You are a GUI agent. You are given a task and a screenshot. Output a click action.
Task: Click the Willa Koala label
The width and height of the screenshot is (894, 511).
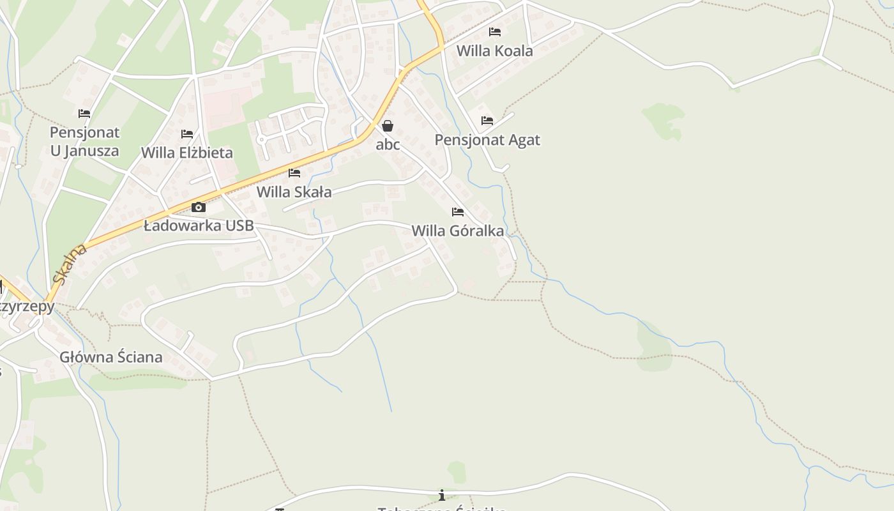494,51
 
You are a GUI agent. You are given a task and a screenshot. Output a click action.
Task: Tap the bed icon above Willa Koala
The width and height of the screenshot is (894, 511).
495,31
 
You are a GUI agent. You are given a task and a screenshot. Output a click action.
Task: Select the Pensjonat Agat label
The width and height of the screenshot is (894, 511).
487,140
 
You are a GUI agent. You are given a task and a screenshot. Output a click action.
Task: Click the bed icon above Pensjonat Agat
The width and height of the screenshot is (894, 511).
487,120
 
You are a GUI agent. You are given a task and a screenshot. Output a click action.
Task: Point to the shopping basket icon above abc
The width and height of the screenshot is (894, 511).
388,126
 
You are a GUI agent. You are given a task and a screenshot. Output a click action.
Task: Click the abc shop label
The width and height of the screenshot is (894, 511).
388,144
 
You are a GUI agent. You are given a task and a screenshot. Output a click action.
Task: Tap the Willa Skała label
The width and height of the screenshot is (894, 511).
294,192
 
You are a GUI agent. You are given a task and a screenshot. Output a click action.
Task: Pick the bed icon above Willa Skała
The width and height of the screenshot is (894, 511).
294,172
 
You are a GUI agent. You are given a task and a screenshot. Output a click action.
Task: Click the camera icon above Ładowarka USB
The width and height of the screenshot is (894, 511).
199,207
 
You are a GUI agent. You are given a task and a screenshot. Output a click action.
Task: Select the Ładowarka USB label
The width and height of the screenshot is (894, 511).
199,225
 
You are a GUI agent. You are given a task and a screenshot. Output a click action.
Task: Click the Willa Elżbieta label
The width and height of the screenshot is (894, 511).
186,153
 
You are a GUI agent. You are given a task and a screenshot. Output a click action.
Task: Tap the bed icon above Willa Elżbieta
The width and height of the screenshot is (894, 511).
187,134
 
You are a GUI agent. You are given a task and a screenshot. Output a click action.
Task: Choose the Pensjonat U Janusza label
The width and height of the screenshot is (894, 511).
85,142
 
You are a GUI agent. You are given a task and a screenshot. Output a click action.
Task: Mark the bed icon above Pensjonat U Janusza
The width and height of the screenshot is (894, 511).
84,114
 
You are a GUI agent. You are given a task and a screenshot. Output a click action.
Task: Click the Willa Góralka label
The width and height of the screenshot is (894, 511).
457,231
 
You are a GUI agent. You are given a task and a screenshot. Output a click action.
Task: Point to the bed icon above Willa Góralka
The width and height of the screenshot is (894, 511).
458,211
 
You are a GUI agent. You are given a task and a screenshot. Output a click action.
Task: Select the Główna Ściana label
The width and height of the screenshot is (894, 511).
111,357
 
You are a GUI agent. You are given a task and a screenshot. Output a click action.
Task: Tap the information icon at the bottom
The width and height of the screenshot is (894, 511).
441,495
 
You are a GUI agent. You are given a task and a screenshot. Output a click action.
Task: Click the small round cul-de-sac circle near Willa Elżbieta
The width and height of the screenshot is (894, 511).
261,139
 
